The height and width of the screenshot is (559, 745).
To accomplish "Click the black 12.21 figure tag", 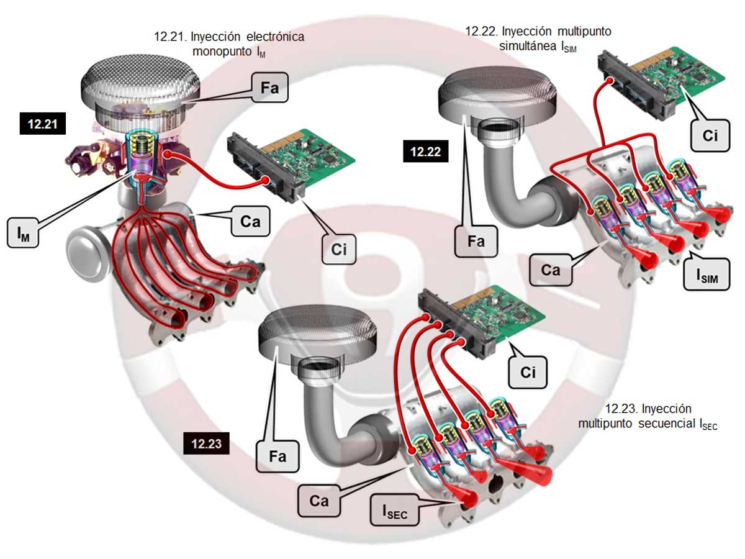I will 43,124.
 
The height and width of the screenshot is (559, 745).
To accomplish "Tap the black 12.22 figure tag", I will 425,151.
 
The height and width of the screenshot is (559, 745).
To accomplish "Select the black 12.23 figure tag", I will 206,443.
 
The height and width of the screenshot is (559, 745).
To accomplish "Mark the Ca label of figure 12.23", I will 319,501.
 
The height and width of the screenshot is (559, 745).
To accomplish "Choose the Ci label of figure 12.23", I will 528,371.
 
